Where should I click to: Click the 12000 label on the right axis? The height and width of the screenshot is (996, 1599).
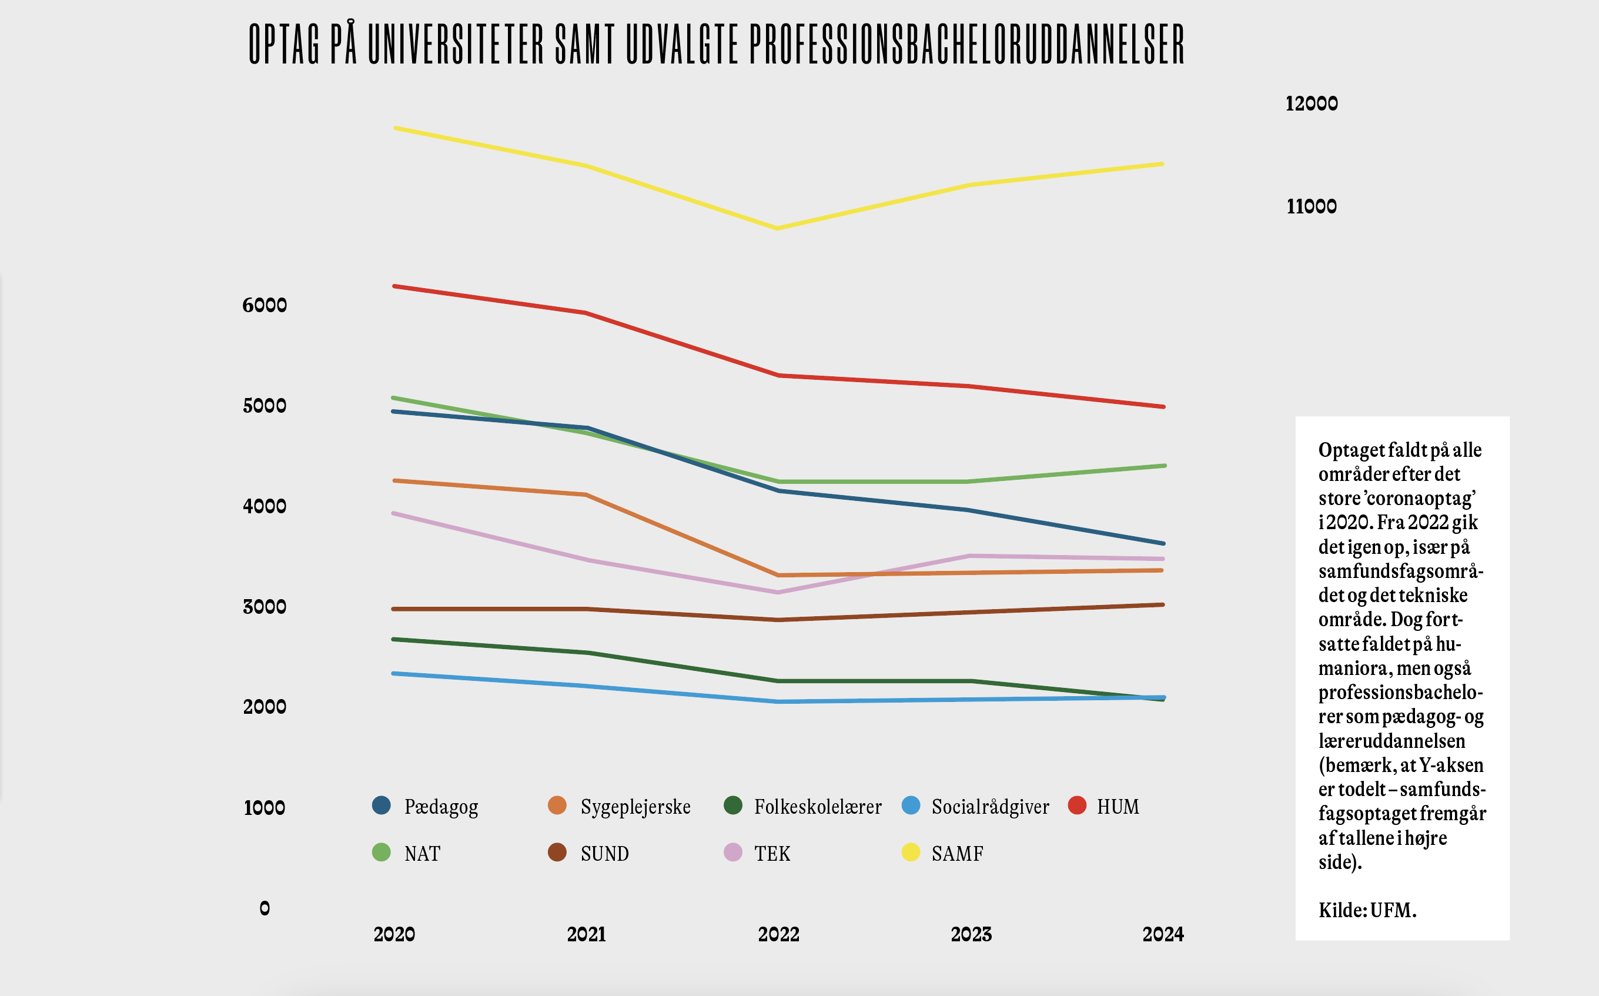[x=1311, y=103]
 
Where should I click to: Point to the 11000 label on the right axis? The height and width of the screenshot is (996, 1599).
[x=1311, y=206]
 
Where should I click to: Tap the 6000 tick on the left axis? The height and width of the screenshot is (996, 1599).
[x=265, y=305]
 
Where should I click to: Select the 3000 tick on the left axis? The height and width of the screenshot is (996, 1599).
[x=265, y=607]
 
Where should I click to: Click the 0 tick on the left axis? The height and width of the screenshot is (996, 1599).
[x=265, y=908]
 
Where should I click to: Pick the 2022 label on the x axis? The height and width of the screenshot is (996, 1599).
[x=778, y=934]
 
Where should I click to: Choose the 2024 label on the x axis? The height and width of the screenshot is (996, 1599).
[x=1163, y=934]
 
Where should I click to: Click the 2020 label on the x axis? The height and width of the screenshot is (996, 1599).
[x=394, y=934]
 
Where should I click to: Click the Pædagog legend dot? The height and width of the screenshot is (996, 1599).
[x=382, y=805]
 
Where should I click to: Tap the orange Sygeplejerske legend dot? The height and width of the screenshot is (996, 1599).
[x=557, y=805]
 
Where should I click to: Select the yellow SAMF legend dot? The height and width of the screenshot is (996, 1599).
[x=911, y=853]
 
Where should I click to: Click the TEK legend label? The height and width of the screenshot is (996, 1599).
[x=772, y=854]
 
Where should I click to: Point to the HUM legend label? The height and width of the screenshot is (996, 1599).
[x=1118, y=806]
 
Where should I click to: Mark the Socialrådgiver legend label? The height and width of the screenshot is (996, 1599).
[x=990, y=806]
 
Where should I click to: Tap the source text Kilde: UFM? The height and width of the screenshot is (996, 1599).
[x=1367, y=910]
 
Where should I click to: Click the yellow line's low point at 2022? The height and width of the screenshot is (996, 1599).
[x=778, y=229]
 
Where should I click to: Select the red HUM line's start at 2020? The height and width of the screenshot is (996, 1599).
[x=394, y=286]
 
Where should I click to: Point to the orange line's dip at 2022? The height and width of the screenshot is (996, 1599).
[x=778, y=575]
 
